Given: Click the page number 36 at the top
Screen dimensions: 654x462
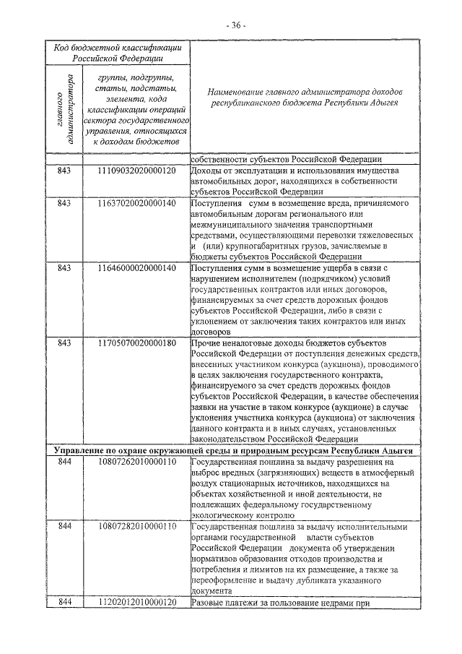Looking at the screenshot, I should coord(236,25).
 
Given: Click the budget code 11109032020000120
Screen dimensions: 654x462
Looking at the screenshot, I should coord(137,171).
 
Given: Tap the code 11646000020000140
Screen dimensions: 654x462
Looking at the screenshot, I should coord(137,267).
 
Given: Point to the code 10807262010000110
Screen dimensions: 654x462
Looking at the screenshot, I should coord(137,462).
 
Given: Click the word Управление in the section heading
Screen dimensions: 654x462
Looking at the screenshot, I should coord(79,450).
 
